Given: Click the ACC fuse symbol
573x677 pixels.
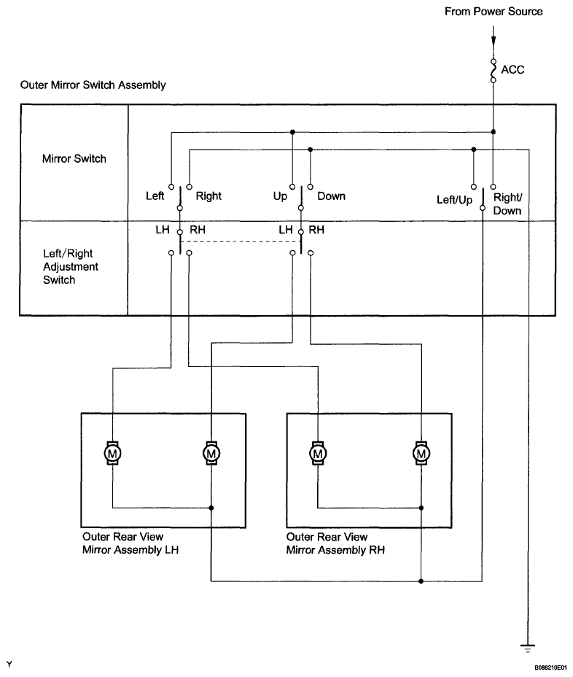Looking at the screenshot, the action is click(494, 70).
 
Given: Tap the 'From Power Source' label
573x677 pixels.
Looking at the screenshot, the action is click(494, 12).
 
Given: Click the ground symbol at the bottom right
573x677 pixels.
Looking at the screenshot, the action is click(527, 648).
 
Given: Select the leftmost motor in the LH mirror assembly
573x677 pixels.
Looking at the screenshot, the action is click(112, 453).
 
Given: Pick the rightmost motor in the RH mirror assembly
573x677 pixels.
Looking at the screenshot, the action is click(421, 453).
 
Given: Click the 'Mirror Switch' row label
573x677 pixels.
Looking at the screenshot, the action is click(74, 159).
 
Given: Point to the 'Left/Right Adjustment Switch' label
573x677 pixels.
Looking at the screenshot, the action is click(70, 266).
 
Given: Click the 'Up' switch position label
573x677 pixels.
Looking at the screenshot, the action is click(280, 196).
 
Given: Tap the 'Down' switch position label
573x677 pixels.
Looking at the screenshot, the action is click(332, 196).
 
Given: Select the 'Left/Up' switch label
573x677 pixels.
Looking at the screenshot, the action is click(454, 200).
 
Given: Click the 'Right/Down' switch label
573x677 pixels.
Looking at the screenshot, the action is click(507, 204).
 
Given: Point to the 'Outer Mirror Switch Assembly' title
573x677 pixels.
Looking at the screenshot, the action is click(93, 85).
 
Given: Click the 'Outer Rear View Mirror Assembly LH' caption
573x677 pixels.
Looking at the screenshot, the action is click(130, 543).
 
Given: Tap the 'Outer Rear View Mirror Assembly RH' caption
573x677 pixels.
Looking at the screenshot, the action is click(335, 543).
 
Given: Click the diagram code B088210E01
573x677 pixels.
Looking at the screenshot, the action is click(551, 668).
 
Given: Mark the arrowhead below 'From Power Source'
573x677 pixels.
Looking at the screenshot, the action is click(494, 41).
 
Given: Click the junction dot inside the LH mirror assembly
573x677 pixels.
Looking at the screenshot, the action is click(211, 508).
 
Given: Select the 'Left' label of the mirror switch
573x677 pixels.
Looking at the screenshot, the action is click(155, 196).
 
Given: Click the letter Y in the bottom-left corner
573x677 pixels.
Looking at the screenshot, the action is click(9, 665).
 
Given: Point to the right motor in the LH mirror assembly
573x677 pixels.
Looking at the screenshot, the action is click(211, 453).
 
